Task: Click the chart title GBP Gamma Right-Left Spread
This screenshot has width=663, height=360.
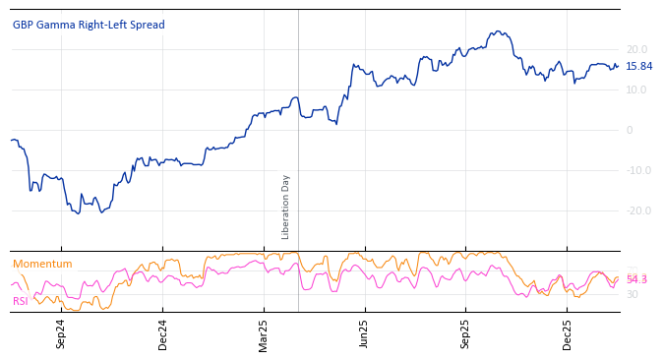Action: (x=89, y=25)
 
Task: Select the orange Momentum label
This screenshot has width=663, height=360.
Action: (x=42, y=264)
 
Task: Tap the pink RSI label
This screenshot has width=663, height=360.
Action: (x=20, y=301)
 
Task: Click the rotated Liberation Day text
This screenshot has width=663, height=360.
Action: (x=286, y=207)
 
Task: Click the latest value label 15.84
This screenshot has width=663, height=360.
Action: (x=638, y=67)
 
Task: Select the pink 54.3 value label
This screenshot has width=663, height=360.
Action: (x=636, y=280)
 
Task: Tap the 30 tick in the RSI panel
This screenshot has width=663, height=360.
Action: (x=633, y=294)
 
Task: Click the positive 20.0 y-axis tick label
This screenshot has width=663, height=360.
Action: (x=636, y=49)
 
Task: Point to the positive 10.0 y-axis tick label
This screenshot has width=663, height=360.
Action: (x=636, y=90)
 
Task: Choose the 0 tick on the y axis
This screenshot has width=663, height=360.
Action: (x=630, y=130)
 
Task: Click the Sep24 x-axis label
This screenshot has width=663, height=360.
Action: (x=61, y=333)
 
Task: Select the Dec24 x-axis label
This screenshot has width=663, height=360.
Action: (x=163, y=333)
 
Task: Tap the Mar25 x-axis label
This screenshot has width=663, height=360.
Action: (x=264, y=333)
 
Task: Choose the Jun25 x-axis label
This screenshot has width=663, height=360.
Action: (x=364, y=333)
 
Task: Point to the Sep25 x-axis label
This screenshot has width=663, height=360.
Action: (x=465, y=333)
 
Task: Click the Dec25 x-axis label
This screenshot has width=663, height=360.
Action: (x=567, y=333)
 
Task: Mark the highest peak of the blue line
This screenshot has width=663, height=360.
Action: (x=499, y=31)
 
